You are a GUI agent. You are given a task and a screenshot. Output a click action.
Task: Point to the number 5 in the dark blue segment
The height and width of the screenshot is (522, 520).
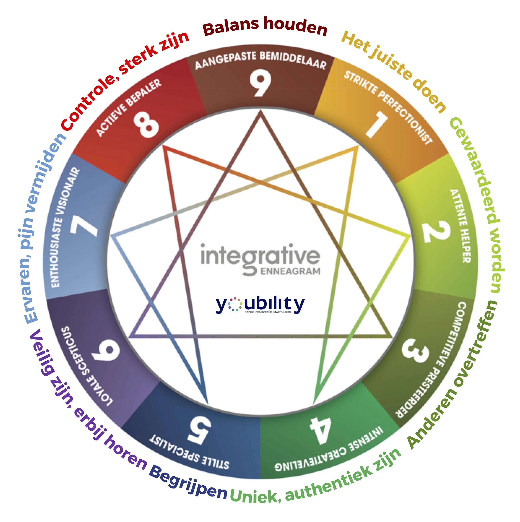[200, 431]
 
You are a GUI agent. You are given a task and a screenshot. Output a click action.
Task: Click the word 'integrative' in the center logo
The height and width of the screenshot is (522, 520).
[260, 257]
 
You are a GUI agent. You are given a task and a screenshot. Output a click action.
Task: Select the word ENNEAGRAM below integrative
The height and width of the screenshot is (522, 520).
[290, 271]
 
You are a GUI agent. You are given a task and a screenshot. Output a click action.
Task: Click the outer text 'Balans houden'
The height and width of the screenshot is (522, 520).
[265, 27]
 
